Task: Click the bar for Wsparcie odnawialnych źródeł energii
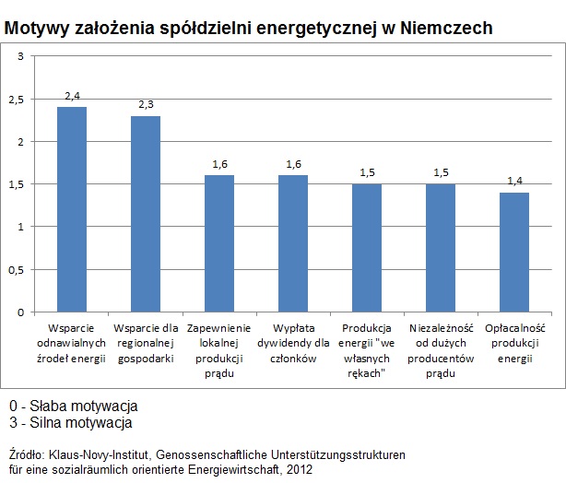pos(72,209)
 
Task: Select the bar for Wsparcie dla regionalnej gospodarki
pos(146,214)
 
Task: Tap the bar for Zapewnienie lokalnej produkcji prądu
pos(219,243)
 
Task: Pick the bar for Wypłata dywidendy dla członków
pos(293,243)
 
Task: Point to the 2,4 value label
pos(72,96)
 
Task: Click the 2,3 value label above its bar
pos(146,105)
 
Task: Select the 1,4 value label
pos(514,182)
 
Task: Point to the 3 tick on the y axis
pos(20,57)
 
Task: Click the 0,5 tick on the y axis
pos(17,269)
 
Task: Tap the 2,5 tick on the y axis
pos(17,100)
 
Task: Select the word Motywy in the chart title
pos(34,29)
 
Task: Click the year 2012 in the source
pos(299,469)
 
